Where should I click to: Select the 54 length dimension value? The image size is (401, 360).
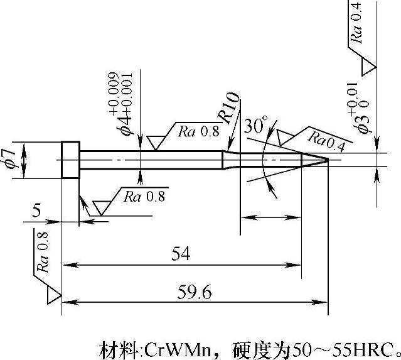pyautogui.click(x=181, y=254)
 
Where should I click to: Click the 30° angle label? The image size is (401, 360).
pyautogui.click(x=255, y=126)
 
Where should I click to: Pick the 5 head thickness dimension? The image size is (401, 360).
pyautogui.click(x=37, y=211)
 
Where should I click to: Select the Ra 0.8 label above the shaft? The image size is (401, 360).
pyautogui.click(x=198, y=132)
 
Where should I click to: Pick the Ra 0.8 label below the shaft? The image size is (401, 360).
pyautogui.click(x=144, y=196)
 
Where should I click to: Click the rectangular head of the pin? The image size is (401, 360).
pyautogui.click(x=70, y=160)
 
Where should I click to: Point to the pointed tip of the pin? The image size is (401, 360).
pyautogui.click(x=326, y=160)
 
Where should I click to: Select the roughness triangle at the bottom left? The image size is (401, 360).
pyautogui.click(x=53, y=294)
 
